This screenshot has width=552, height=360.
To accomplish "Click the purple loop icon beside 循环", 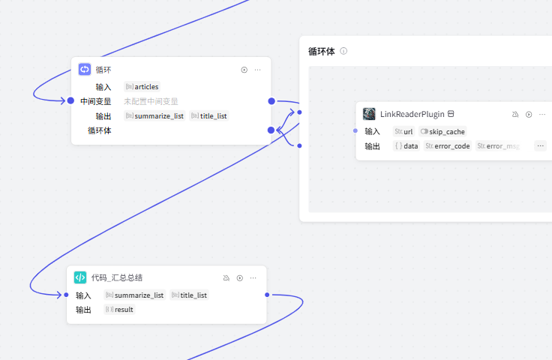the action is [85, 70].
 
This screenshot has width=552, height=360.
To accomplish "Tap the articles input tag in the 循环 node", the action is [142, 87].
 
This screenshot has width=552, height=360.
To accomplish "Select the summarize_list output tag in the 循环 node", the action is [154, 116].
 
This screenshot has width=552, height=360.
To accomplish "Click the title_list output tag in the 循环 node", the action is [209, 116].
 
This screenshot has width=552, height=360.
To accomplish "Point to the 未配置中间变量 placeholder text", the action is [151, 101].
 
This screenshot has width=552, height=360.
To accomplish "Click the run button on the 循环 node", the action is [244, 70].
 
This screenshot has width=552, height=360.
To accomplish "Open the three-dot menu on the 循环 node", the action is [257, 70].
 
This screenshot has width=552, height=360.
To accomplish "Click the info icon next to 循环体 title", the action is [343, 52].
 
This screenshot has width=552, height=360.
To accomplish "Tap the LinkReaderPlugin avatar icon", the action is [369, 114].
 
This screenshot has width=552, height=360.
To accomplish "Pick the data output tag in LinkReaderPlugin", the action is [406, 146].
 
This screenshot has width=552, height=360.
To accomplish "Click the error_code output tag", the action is [448, 146].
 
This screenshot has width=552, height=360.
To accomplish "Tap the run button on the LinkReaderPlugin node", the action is [529, 114].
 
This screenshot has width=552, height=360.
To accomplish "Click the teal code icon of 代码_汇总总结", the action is [80, 277].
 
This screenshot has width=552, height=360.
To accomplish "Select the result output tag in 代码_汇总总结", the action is [120, 310].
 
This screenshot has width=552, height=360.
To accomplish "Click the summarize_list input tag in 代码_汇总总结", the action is [135, 295].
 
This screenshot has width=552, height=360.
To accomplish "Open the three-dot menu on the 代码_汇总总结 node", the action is [253, 277].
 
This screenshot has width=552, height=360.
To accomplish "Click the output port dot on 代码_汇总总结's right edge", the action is [267, 295].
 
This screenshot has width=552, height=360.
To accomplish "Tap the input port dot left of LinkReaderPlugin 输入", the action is [355, 130].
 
